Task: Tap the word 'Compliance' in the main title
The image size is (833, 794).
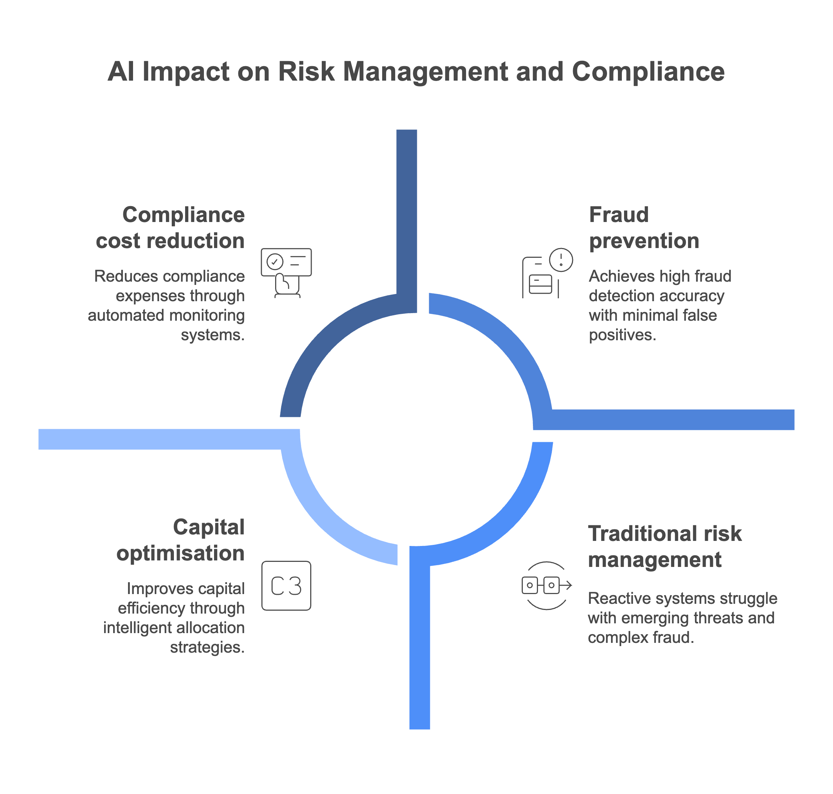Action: click(648, 72)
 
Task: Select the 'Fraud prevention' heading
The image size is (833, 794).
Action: click(644, 228)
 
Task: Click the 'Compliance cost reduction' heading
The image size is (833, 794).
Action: click(171, 228)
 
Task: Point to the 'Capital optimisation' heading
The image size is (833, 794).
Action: click(181, 540)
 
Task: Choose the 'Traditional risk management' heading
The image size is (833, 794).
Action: click(665, 546)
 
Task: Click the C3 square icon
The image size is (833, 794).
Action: click(286, 586)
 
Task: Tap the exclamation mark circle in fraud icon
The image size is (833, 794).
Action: click(561, 260)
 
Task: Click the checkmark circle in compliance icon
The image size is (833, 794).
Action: click(275, 261)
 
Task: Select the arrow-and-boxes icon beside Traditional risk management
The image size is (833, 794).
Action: click(546, 585)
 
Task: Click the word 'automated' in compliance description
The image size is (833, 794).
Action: click(112, 315)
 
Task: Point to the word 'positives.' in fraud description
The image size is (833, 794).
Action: click(622, 335)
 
